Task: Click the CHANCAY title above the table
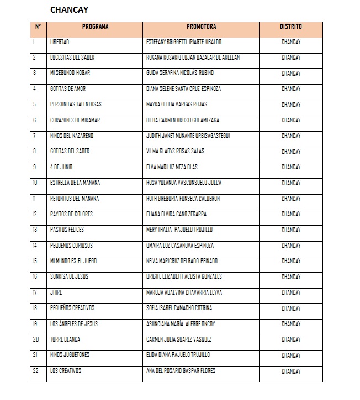click(x=69, y=9)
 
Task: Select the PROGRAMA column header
click(x=95, y=26)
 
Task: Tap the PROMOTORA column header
click(x=201, y=26)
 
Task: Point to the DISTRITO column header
click(x=290, y=26)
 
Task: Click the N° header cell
click(x=38, y=26)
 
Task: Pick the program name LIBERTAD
click(x=60, y=42)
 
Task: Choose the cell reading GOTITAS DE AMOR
click(x=68, y=89)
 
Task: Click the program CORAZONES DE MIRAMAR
click(x=75, y=120)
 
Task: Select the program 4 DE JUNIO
click(x=61, y=167)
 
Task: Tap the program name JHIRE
click(x=56, y=292)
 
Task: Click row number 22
click(x=36, y=371)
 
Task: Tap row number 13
click(x=35, y=230)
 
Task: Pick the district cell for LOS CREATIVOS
click(x=290, y=371)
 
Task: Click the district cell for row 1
click(x=290, y=42)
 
